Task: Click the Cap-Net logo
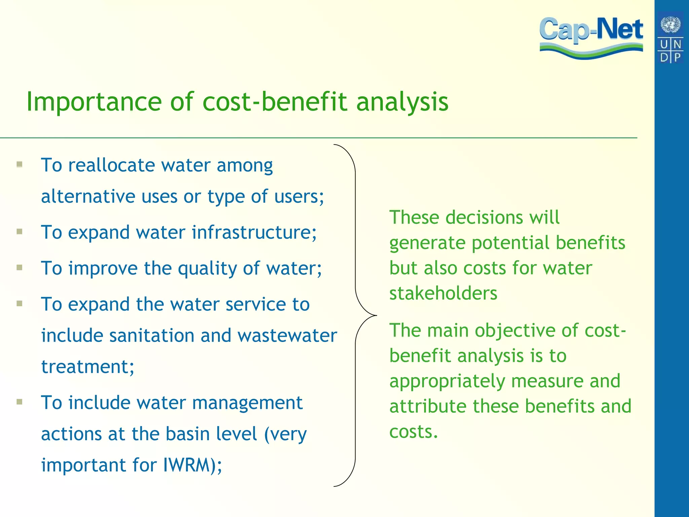[x=591, y=37]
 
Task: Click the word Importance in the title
[x=94, y=102]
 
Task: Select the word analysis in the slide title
[x=402, y=102]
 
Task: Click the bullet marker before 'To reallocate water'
[x=20, y=165]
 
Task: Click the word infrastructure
[x=254, y=233]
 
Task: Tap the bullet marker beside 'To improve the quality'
[x=20, y=268]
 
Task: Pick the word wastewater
[x=287, y=336]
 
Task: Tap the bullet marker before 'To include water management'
[x=20, y=402]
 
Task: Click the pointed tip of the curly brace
[x=376, y=315]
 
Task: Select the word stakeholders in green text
[x=443, y=294]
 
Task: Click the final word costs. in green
[x=413, y=432]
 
